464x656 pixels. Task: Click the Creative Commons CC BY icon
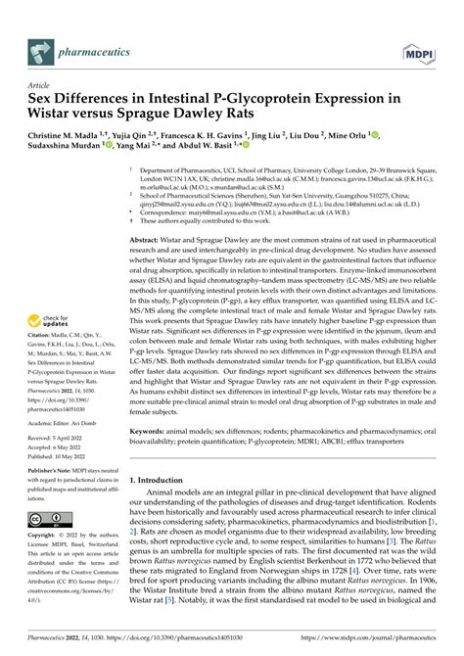click(50, 518)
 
